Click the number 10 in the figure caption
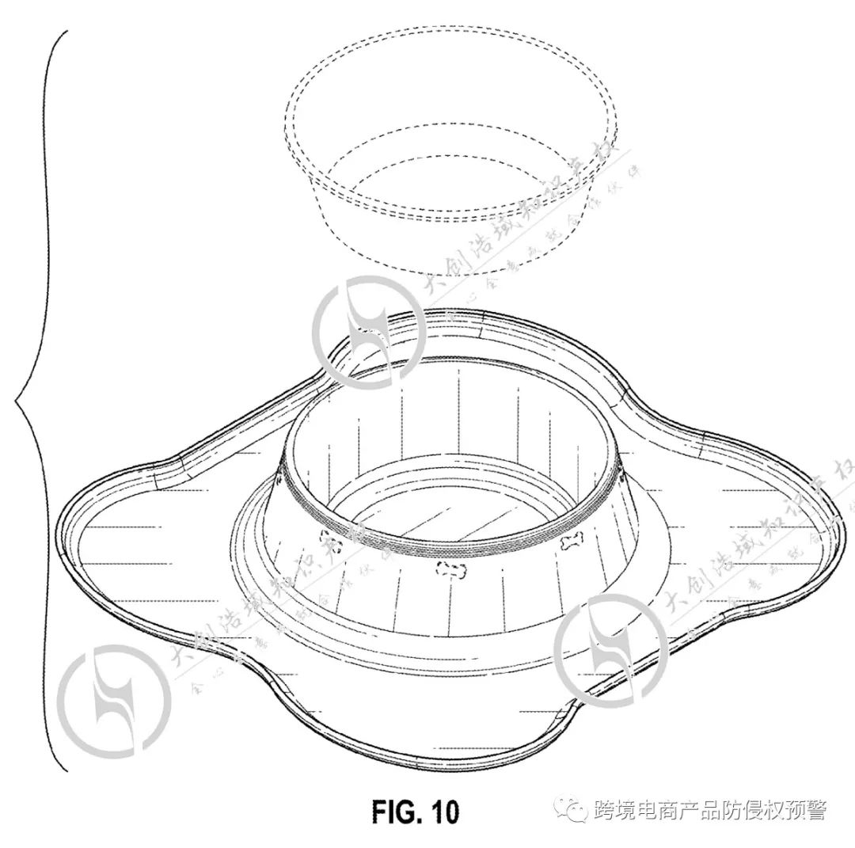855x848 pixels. click(x=441, y=812)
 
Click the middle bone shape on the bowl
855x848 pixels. click(x=450, y=569)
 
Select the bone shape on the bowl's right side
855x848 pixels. click(x=569, y=543)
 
